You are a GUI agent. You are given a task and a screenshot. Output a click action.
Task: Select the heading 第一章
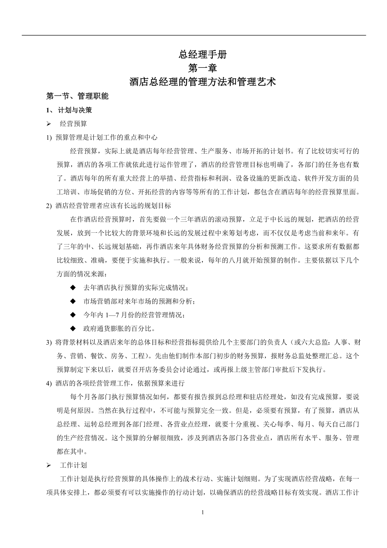point(203,68)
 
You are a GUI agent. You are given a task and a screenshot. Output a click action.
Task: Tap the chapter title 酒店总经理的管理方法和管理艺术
point(203,82)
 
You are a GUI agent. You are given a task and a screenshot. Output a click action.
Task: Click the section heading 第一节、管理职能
point(77,96)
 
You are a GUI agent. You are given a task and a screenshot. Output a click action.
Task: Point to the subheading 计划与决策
point(75,110)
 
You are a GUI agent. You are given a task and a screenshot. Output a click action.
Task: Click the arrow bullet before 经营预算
point(49,124)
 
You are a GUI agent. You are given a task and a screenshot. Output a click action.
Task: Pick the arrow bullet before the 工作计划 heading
point(49,466)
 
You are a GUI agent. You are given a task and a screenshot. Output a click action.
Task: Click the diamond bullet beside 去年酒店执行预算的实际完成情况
point(73,287)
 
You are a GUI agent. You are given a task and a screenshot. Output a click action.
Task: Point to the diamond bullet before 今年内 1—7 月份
point(73,315)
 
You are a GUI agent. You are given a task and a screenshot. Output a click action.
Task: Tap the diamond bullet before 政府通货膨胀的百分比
point(73,328)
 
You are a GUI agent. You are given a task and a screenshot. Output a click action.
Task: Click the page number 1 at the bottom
point(203,513)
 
